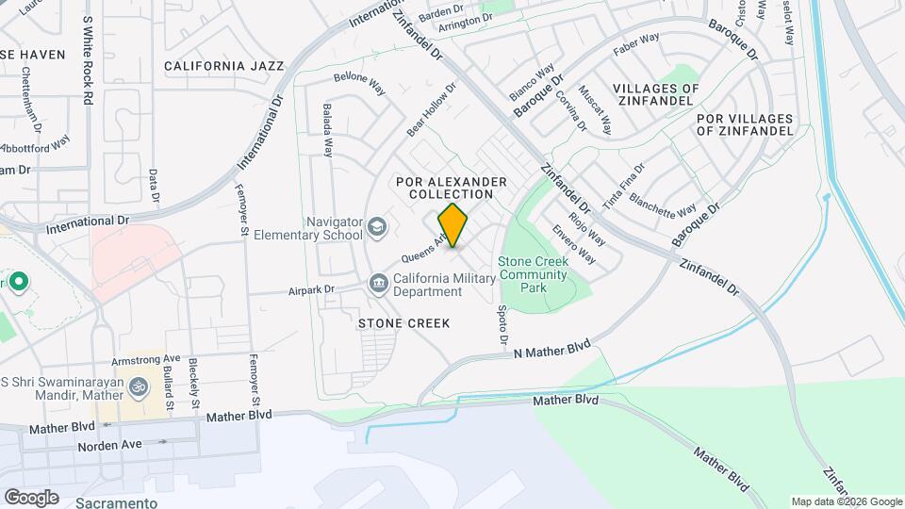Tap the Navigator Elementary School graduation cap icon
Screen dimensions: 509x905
pyautogui.click(x=377, y=226)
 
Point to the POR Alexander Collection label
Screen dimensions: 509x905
pyautogui.click(x=452, y=188)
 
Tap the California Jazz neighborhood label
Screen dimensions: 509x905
pyautogui.click(x=223, y=66)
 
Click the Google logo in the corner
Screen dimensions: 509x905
pyautogui.click(x=31, y=497)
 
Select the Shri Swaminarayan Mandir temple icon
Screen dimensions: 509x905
pyautogui.click(x=138, y=386)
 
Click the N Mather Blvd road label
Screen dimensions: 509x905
pyautogui.click(x=552, y=351)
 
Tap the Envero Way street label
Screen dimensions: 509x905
pyautogui.click(x=574, y=242)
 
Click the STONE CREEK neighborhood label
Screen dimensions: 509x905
pyautogui.click(x=403, y=323)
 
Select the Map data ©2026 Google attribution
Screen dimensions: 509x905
pyautogui.click(x=846, y=501)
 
